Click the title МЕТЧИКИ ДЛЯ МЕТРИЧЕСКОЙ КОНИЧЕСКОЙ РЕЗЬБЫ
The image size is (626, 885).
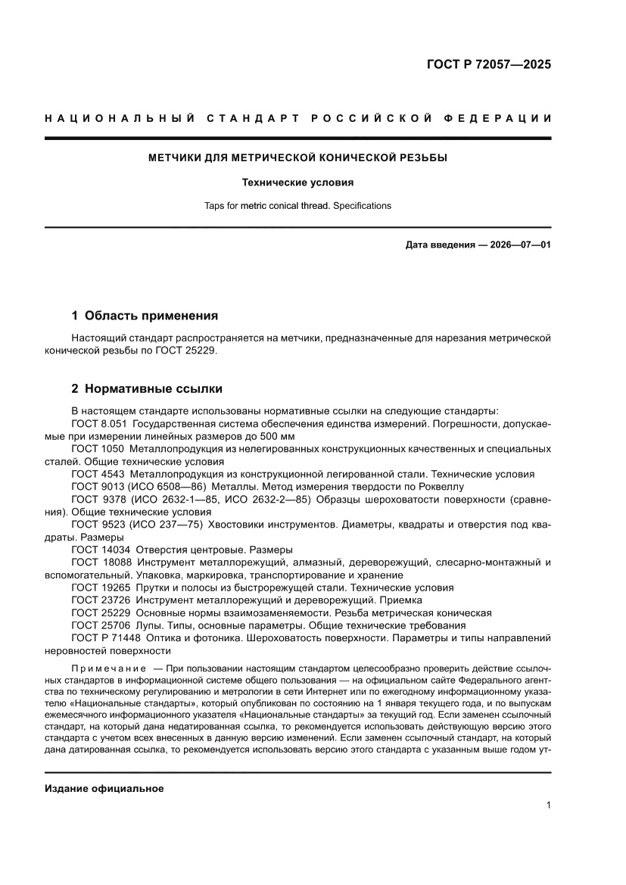point(297,158)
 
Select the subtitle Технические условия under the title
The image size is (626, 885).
point(297,182)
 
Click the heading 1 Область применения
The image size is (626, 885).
point(145,315)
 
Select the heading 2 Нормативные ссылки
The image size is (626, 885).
point(147,389)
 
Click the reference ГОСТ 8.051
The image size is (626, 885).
point(96,424)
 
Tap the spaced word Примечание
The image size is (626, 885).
point(108,670)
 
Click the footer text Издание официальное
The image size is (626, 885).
point(104,788)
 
